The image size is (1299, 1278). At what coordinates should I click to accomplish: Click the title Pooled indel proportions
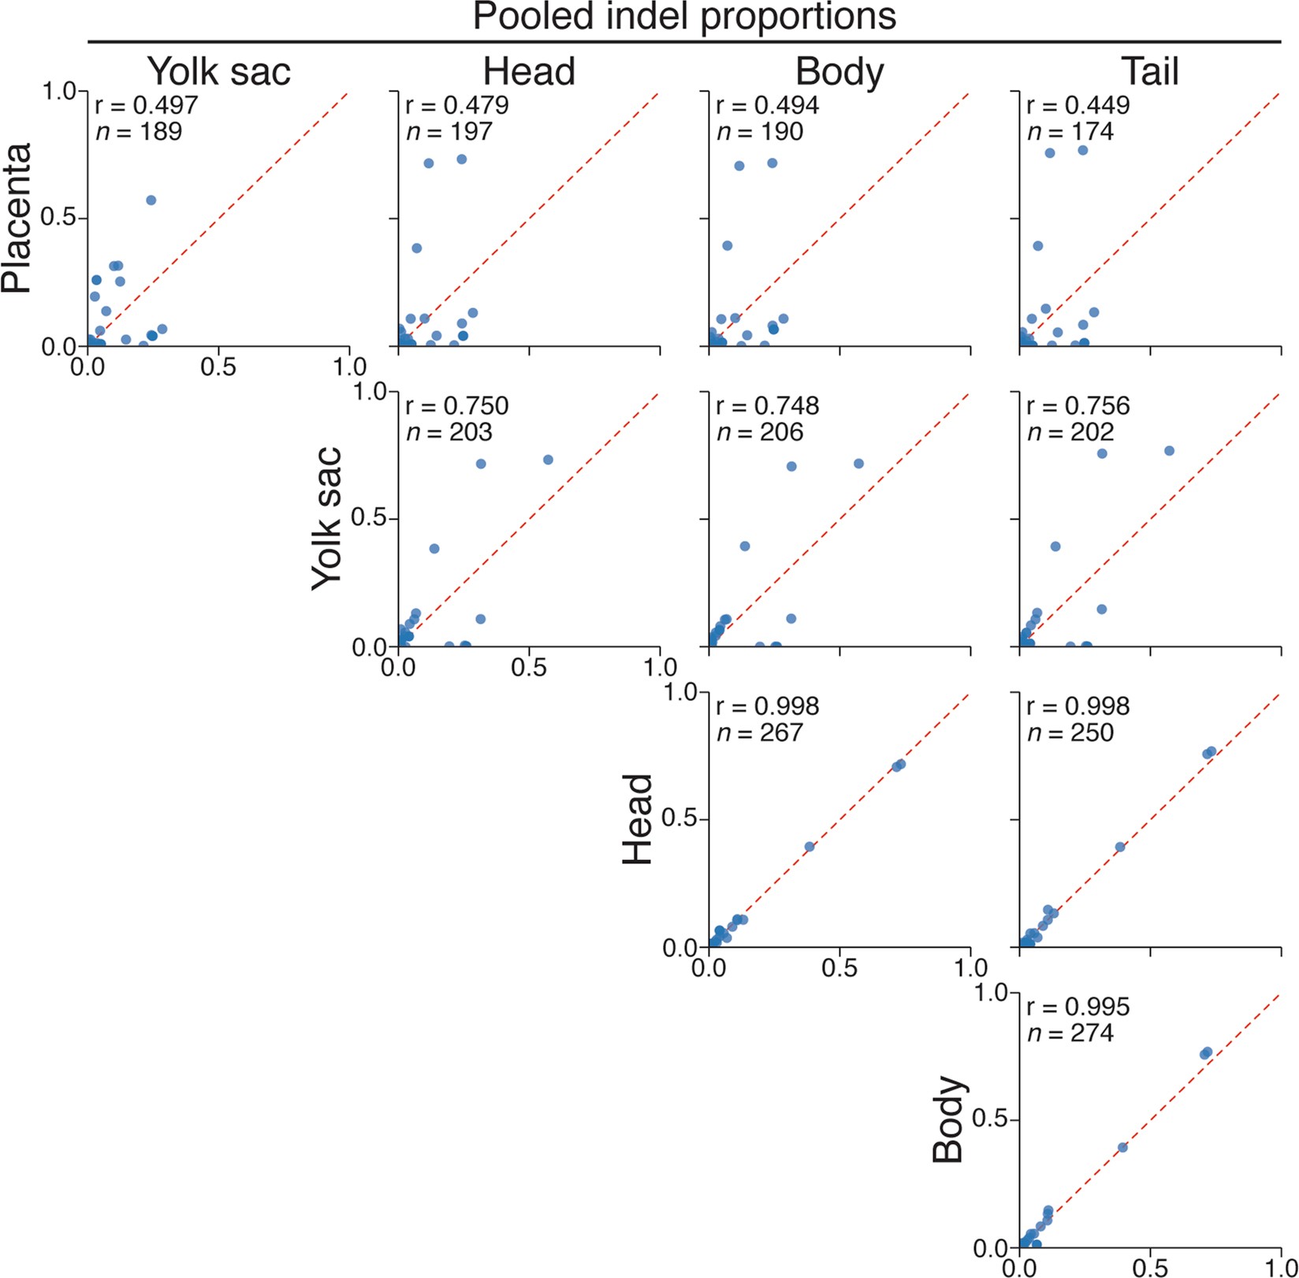(684, 17)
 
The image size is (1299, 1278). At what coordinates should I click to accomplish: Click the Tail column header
(1150, 72)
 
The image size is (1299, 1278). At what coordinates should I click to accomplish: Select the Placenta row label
(17, 218)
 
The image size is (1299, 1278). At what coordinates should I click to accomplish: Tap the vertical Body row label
(949, 1120)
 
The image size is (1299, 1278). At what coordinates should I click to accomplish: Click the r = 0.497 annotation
(146, 105)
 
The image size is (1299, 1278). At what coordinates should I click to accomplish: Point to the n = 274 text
(1070, 1033)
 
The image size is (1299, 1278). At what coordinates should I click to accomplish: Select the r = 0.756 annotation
(1078, 406)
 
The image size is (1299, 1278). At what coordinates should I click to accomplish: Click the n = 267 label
(759, 732)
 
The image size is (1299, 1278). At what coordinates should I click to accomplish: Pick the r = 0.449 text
(1078, 105)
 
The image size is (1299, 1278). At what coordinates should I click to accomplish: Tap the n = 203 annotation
(449, 432)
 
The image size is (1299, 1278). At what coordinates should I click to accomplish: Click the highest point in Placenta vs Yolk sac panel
(151, 200)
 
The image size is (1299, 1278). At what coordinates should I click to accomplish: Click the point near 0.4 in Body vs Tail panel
(1122, 1147)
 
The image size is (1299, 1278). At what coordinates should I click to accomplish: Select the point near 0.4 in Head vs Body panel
(810, 847)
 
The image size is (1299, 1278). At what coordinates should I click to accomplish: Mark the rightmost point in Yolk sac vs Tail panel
(1169, 451)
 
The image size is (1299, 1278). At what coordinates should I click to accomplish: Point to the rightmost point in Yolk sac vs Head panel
(548, 460)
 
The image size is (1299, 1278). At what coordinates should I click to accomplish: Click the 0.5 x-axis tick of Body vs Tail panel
(1150, 1267)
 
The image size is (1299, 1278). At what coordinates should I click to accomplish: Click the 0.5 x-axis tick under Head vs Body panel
(839, 967)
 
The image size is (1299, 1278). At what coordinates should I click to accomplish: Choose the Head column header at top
(529, 72)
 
